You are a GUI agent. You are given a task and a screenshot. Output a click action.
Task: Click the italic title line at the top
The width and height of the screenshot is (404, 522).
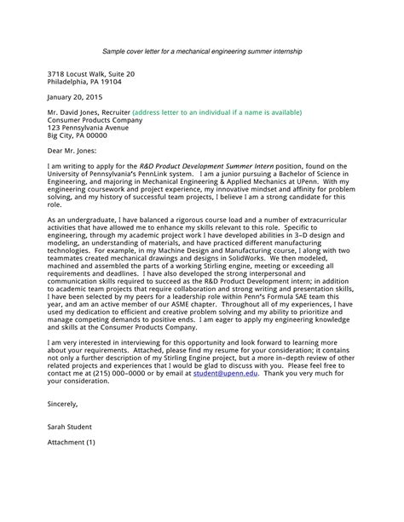201,51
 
